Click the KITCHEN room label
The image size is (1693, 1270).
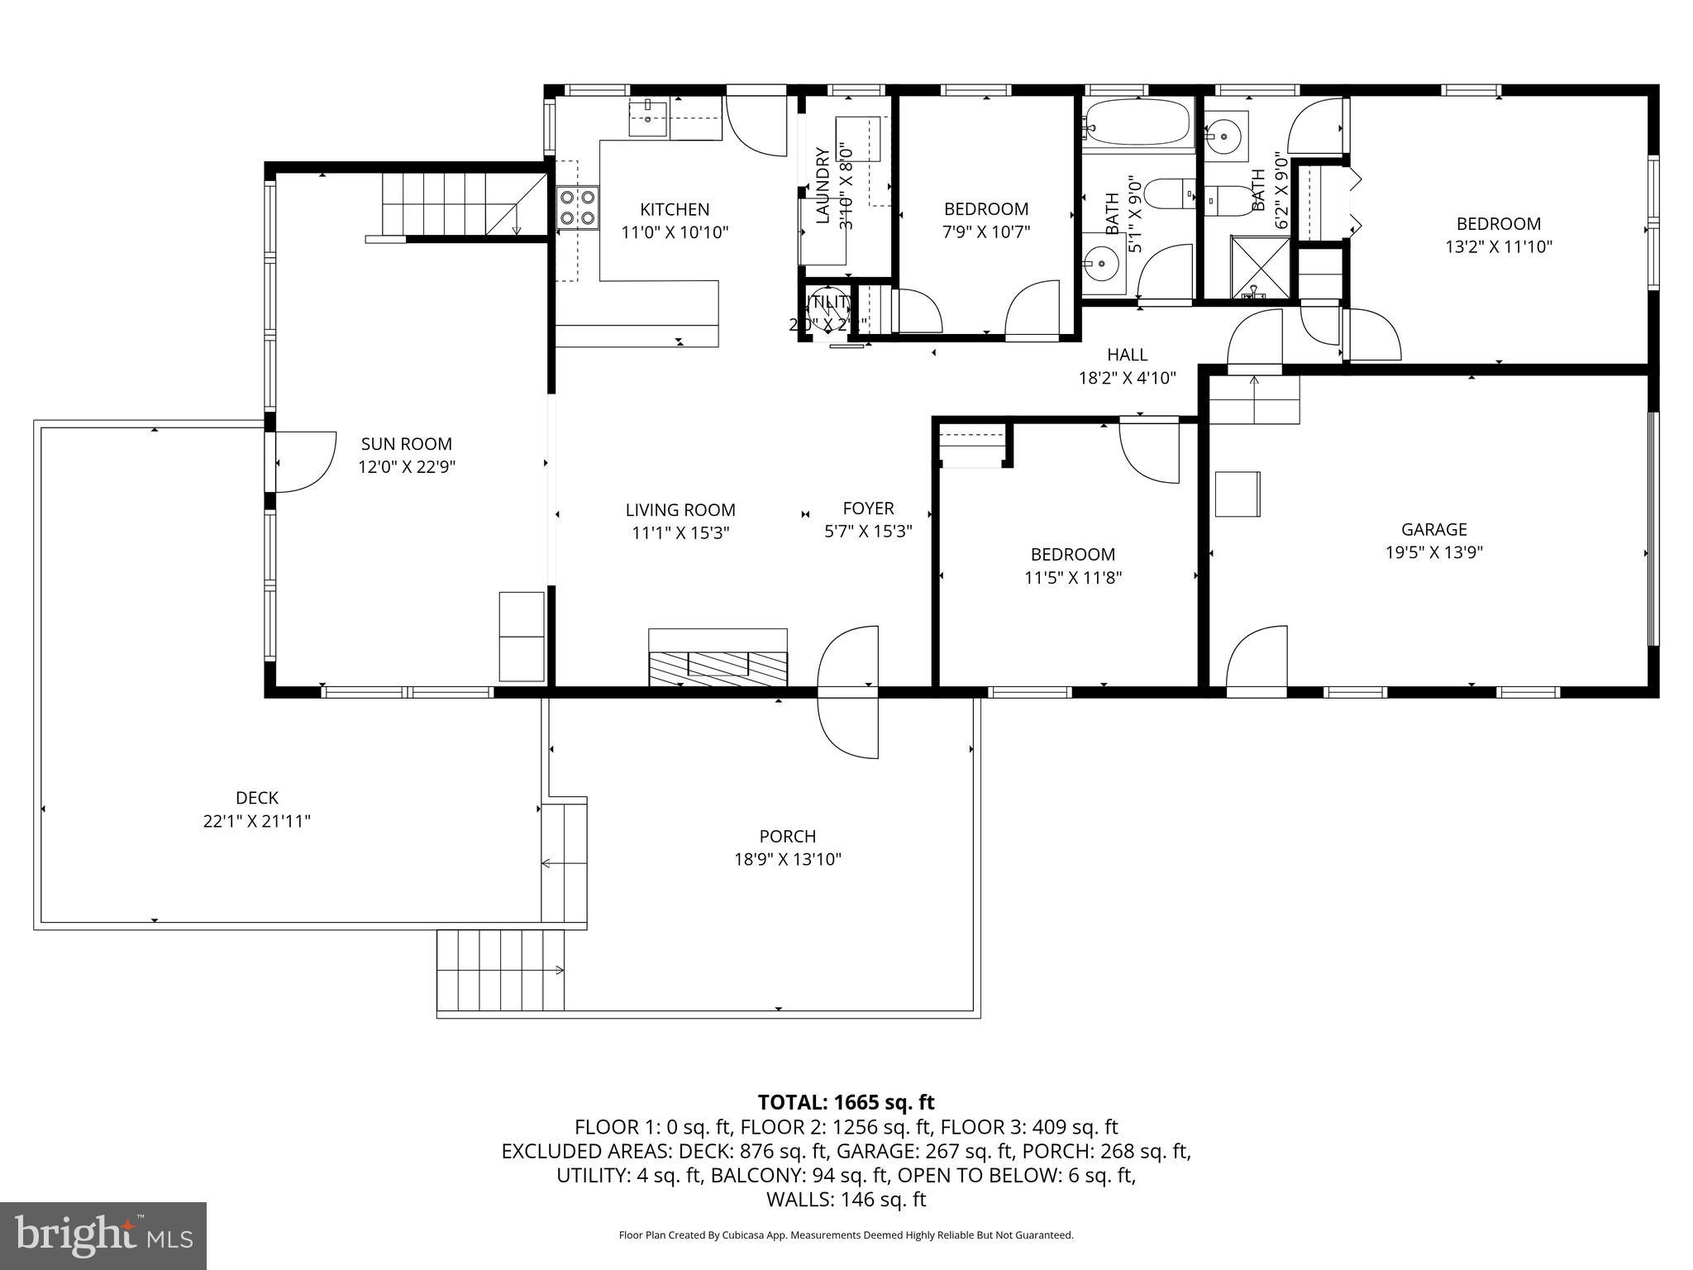pos(675,210)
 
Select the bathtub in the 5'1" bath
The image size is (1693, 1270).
pos(1138,124)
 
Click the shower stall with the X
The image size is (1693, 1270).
pos(1260,266)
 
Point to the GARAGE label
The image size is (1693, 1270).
pos(1433,530)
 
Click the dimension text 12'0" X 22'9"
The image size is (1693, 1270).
pos(407,467)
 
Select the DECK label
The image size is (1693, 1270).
pos(257,798)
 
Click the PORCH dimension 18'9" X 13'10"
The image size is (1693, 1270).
pos(788,860)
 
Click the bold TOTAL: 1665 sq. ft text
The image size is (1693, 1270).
pos(846,1102)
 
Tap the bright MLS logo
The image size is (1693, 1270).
pos(103,1235)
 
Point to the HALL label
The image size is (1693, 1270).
pos(1127,355)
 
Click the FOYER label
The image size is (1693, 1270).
pos(868,508)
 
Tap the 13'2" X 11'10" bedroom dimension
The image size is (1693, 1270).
pos(1498,246)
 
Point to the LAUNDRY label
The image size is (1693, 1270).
pos(823,186)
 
